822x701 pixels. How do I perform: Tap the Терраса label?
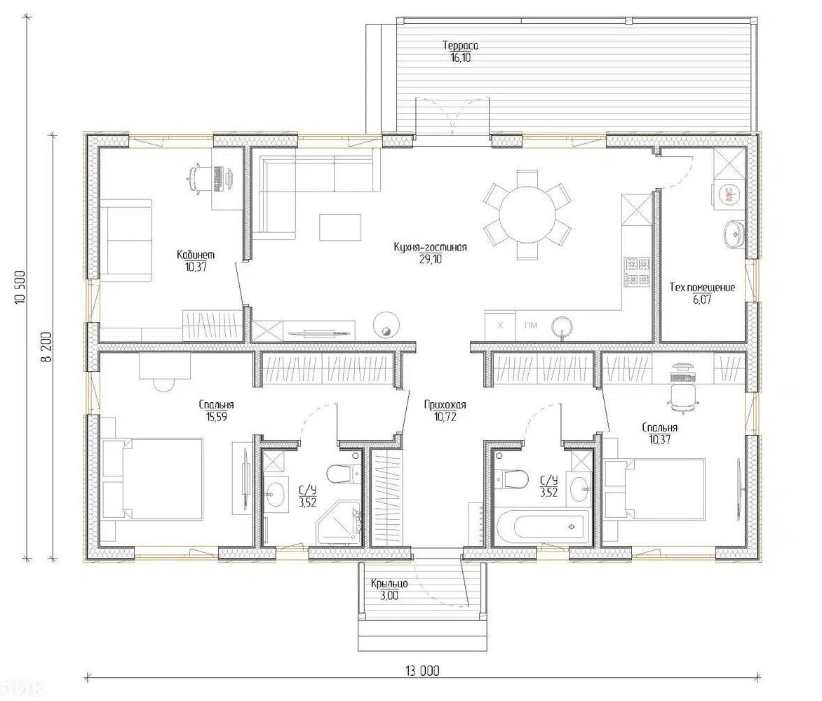coord(460,46)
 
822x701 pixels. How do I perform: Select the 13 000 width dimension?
coord(422,671)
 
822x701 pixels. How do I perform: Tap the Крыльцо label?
coord(389,584)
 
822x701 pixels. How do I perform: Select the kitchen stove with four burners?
coord(636,271)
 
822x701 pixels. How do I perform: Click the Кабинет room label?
coord(196,255)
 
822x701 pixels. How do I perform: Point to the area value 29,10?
coord(430,259)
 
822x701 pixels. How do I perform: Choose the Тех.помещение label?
coord(703,287)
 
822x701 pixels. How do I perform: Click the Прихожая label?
coord(445,405)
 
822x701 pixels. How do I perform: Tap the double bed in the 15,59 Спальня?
coord(153,479)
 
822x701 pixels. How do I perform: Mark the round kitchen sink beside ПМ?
coord(562,326)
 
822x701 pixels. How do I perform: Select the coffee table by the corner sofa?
coord(341,227)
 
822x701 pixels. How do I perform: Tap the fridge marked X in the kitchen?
coord(500,326)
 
